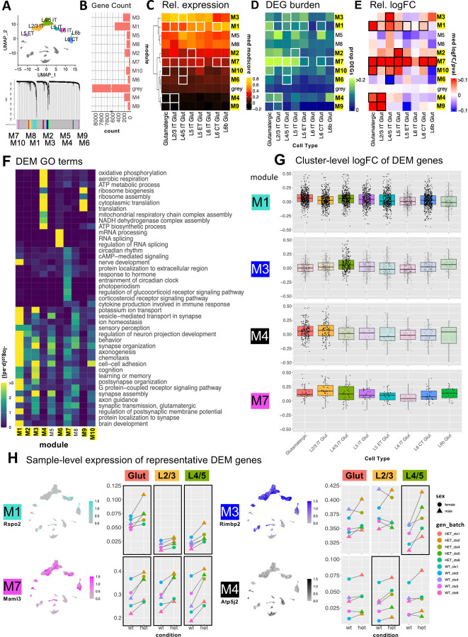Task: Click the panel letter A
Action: pyautogui.click(x=6, y=6)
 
